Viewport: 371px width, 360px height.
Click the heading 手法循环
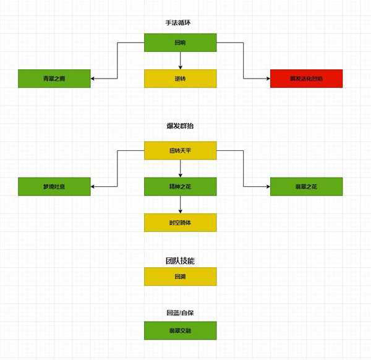coord(180,23)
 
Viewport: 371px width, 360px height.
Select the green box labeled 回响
coord(180,43)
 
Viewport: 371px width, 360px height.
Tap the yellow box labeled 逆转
coord(180,79)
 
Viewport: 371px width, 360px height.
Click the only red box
coord(306,79)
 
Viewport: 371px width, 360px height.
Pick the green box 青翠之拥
coord(54,79)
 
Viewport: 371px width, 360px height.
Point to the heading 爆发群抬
coord(180,126)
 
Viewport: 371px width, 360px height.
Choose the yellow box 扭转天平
coord(180,151)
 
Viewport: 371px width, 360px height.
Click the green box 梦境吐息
coord(54,187)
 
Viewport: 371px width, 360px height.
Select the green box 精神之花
coord(180,187)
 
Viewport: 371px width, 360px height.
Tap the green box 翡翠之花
coord(306,187)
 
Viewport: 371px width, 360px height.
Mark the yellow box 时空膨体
coord(180,223)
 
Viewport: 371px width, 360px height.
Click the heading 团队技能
coord(180,261)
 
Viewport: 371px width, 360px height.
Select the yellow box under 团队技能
coord(180,276)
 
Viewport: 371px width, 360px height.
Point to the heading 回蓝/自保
coord(180,313)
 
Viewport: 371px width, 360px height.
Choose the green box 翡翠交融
coord(180,330)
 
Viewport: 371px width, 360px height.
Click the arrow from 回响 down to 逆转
coord(180,60)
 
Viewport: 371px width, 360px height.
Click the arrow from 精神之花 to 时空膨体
coord(180,205)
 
